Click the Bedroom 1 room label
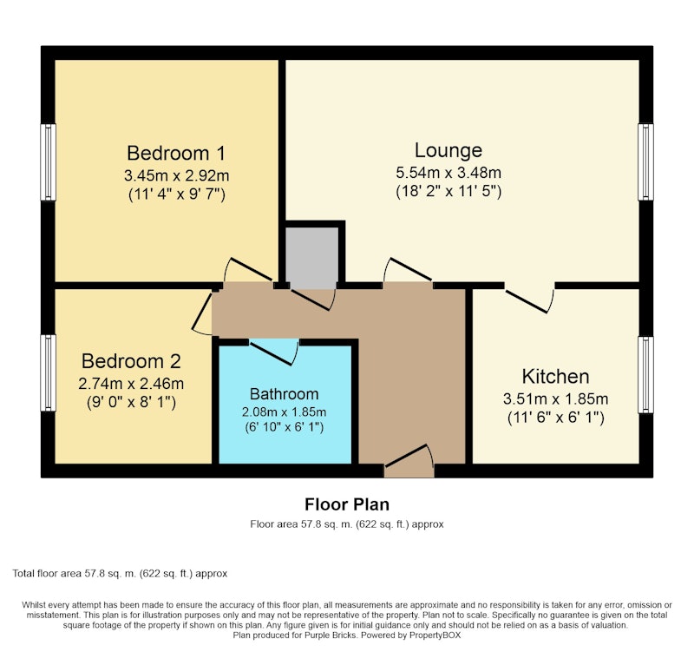tap(176, 154)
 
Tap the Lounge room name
tap(448, 150)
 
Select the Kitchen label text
tap(555, 377)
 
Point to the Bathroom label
tap(285, 394)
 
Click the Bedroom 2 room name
tap(131, 361)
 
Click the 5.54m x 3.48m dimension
tap(448, 172)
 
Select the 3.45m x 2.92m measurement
tap(177, 176)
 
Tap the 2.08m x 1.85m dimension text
tap(285, 412)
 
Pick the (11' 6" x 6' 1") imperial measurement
tap(555, 418)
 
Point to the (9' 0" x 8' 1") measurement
tap(131, 402)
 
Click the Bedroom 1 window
tap(49, 162)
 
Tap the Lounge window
tap(645, 162)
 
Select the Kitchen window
tap(645, 375)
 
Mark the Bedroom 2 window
tap(49, 373)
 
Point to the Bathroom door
tap(272, 353)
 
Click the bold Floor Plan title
tap(347, 504)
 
